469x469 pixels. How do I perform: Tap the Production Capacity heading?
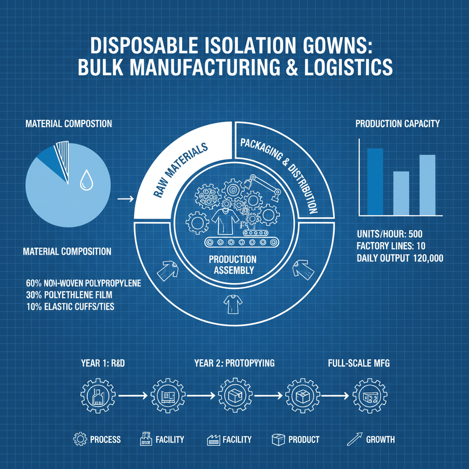(398, 123)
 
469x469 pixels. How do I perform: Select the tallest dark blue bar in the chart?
(375, 181)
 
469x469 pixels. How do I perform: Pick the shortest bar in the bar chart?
(401, 193)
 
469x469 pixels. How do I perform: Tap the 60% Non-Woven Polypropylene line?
(83, 284)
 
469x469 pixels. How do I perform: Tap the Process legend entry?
(97, 440)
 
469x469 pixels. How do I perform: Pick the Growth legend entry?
(371, 440)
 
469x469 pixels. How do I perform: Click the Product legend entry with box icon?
(295, 440)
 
